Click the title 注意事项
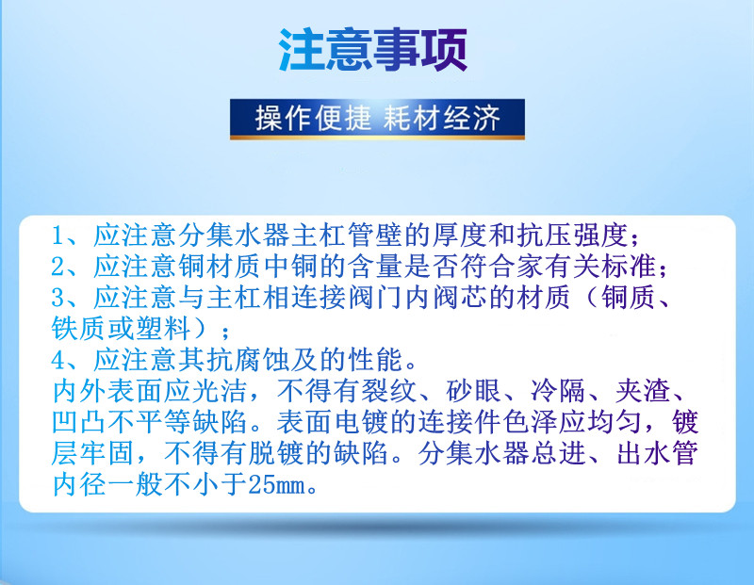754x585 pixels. point(372,50)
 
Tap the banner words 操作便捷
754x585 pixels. point(313,118)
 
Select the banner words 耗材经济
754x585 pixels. point(441,118)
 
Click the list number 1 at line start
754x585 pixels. point(58,236)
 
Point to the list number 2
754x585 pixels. point(58,267)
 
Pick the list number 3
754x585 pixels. point(58,298)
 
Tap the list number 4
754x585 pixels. point(58,360)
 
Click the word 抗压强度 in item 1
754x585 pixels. point(572,236)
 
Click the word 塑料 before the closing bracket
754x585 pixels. point(163,329)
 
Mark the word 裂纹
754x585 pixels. point(389,391)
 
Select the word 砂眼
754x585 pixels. point(474,391)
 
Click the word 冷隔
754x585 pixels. point(558,391)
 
